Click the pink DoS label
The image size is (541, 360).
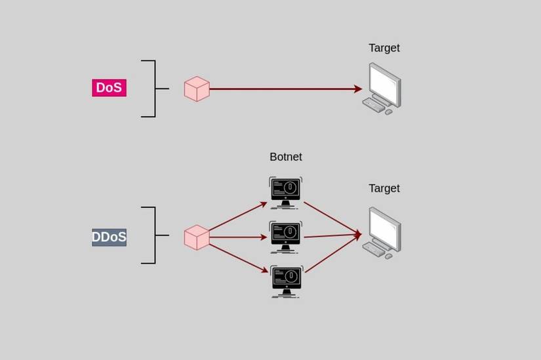(x=109, y=88)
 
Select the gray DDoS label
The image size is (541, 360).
(x=109, y=237)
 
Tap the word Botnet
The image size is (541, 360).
(x=285, y=157)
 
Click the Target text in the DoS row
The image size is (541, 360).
(x=384, y=48)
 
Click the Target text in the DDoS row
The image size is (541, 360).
(x=384, y=188)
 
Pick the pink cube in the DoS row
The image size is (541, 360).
(x=197, y=89)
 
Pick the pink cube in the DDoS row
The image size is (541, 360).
(x=197, y=237)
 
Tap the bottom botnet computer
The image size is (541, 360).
(x=286, y=281)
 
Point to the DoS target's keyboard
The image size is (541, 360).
(x=374, y=105)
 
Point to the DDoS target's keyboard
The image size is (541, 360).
(x=374, y=250)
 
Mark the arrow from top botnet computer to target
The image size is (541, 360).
(x=331, y=217)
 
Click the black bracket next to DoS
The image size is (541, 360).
(x=155, y=89)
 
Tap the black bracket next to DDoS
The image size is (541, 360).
(x=155, y=235)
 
